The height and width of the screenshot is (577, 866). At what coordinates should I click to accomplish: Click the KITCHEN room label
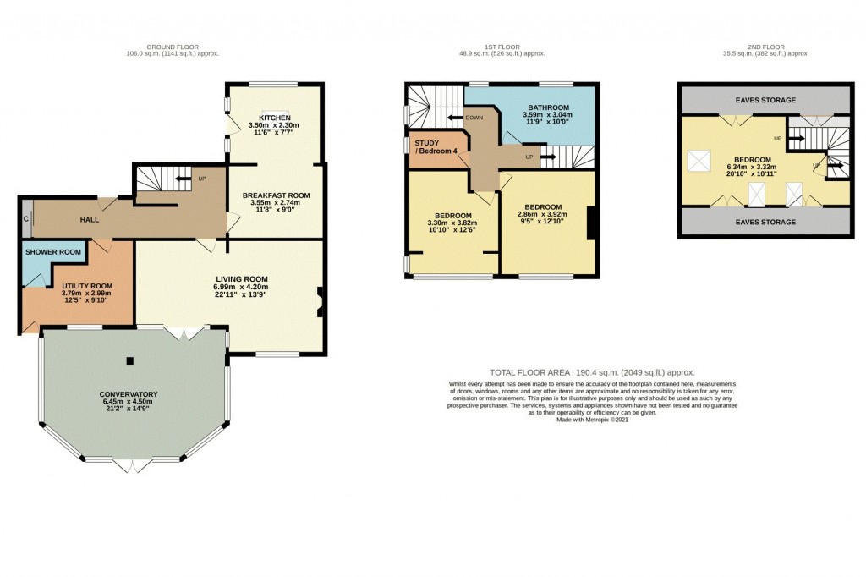(x=275, y=117)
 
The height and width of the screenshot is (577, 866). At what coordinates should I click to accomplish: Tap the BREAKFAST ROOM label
(x=275, y=195)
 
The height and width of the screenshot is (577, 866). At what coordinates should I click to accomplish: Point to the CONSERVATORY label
(x=129, y=394)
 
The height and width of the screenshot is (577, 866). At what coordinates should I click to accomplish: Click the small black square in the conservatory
(x=129, y=361)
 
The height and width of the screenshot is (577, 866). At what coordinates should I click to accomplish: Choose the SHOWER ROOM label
(x=53, y=252)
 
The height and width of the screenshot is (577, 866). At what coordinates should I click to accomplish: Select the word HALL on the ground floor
(x=90, y=220)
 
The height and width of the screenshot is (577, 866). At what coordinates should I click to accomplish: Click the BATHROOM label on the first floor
(x=545, y=107)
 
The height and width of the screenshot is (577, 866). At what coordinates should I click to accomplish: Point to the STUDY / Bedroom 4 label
(x=436, y=147)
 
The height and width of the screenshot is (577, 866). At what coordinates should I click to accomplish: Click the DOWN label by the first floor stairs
(x=474, y=118)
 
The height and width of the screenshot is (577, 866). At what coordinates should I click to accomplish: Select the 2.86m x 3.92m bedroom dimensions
(x=542, y=215)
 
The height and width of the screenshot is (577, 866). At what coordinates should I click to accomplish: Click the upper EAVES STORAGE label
(x=765, y=100)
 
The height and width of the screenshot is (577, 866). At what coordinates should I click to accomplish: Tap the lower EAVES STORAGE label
(x=765, y=222)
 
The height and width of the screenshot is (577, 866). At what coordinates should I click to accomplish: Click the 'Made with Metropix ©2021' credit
(x=592, y=419)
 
